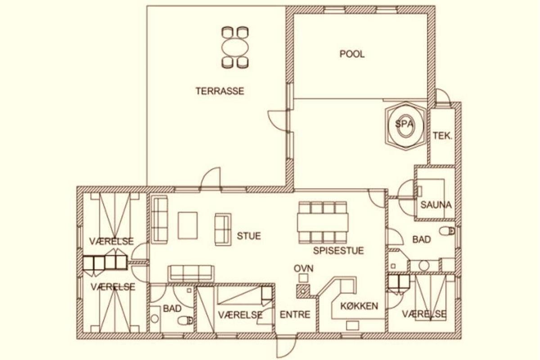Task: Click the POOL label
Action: coord(352,54)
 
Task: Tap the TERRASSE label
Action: coord(220,91)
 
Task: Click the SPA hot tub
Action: coord(406,126)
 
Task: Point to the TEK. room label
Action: coord(442,136)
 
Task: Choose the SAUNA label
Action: coord(436,205)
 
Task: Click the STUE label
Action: coord(249,236)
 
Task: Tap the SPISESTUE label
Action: coord(338,251)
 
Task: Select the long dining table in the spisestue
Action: coord(323,223)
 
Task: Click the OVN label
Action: coord(303,268)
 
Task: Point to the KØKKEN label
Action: coord(359,306)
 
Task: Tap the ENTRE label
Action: coord(295,315)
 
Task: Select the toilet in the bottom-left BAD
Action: coord(185,321)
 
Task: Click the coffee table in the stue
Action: coord(188,225)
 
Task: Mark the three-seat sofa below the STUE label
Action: coord(191,273)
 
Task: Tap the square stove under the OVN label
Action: coord(303,278)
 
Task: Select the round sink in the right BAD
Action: coord(424,265)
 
